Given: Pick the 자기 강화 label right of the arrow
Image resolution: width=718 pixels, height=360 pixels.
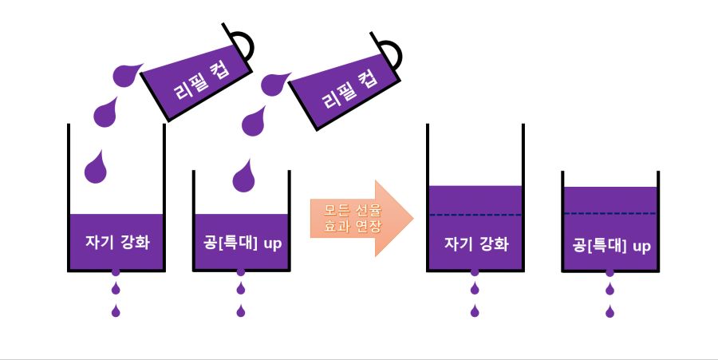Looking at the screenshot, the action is click(475, 243).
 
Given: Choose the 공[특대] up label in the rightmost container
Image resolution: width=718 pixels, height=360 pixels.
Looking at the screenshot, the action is click(611, 246).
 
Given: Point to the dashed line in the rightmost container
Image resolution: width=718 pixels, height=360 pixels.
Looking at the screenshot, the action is click(610, 214).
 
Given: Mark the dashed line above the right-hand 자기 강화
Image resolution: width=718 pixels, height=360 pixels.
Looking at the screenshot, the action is click(475, 215).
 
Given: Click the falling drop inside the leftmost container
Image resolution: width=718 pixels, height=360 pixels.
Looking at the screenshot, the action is click(96, 165).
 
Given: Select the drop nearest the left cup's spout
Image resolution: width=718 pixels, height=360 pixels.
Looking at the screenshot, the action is click(126, 74).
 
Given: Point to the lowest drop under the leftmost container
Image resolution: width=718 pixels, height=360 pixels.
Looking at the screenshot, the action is click(116, 311).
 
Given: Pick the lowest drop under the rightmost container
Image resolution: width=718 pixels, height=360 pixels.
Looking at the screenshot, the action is click(610, 311).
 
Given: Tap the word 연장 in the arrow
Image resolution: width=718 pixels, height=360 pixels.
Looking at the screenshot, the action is click(370, 227).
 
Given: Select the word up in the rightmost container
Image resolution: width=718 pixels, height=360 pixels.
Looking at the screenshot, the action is click(641, 246).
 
